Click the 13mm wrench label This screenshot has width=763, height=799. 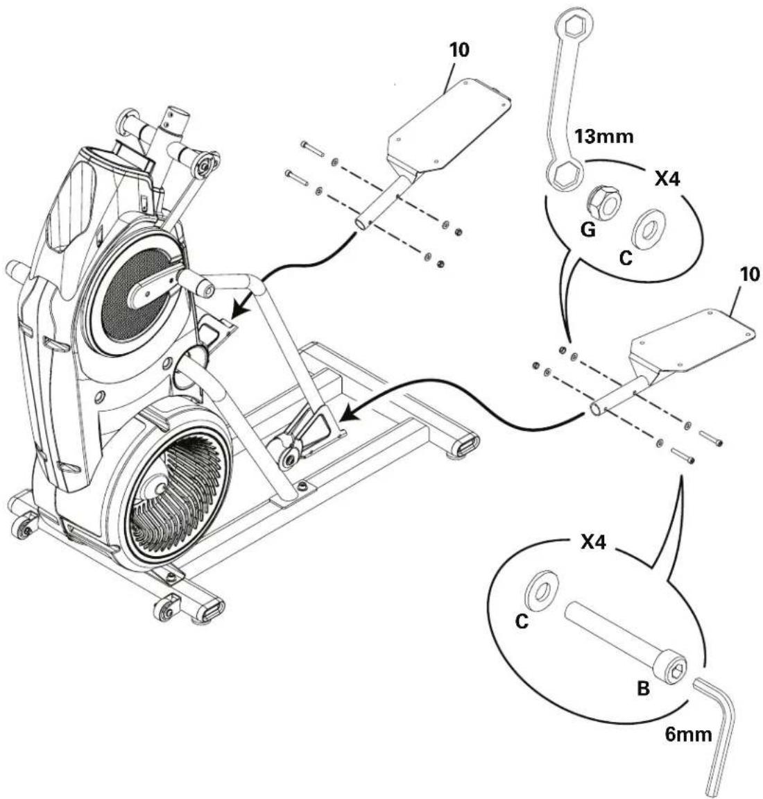pos(605,137)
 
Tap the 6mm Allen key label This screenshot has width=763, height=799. pos(689,734)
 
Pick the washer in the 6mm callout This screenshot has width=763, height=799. pos(542,589)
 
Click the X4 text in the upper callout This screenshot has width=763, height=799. pos(667,180)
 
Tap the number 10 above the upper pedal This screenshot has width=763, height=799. pos(458,51)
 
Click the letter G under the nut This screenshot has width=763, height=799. pos(587,230)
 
